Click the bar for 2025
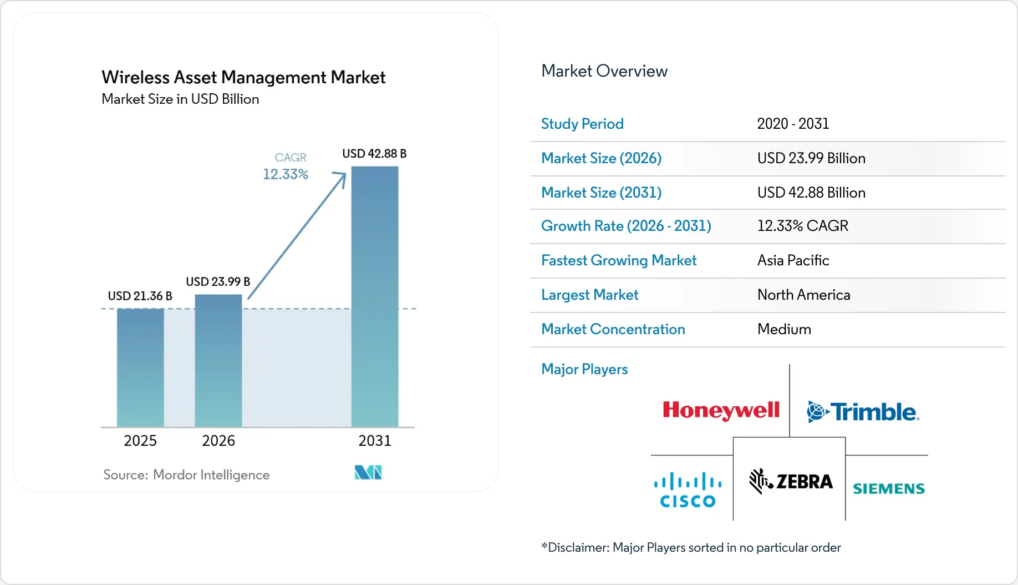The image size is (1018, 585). click(140, 367)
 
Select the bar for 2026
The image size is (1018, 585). click(218, 361)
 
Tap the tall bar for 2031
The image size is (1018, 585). click(375, 296)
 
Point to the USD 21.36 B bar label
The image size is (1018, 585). click(140, 296)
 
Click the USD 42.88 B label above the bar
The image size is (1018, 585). click(375, 153)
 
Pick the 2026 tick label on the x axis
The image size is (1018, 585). click(218, 441)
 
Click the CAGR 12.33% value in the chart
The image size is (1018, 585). click(286, 174)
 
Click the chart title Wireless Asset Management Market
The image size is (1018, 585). click(243, 77)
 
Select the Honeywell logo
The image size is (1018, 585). click(721, 411)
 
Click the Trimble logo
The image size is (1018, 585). click(863, 412)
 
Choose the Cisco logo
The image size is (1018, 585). click(688, 490)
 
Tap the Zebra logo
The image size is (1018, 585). click(791, 481)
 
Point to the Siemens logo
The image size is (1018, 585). click(889, 488)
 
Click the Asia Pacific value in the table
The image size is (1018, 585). click(793, 260)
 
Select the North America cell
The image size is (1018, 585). click(804, 295)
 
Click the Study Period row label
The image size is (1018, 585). click(582, 124)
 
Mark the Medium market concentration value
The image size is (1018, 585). click(784, 329)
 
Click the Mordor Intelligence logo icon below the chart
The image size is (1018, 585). click(368, 472)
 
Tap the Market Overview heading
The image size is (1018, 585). click(604, 71)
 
